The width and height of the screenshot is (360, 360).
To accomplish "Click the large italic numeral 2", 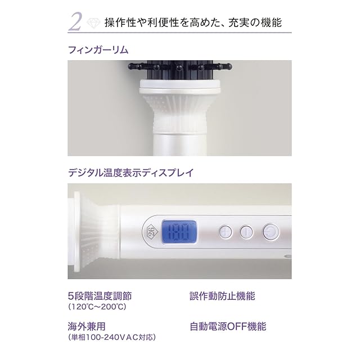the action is (75, 22).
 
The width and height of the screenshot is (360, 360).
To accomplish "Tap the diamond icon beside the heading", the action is (93, 23).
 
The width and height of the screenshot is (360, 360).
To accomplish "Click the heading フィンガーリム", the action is (98, 50).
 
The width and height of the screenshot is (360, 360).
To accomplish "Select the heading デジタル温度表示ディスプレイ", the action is (131, 173).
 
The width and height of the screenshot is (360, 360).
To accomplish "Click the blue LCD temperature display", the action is (179, 232).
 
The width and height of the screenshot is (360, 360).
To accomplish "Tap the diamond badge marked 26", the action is (150, 232).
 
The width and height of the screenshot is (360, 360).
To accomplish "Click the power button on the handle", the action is (271, 232).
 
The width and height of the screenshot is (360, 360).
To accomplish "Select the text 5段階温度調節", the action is (100, 296).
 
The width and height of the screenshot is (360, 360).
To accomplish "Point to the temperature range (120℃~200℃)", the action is (97, 307).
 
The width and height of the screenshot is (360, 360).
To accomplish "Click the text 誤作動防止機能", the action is (222, 296).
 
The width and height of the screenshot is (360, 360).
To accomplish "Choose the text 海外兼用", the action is (87, 326).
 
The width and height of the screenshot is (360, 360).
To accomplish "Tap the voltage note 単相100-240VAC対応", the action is (112, 337).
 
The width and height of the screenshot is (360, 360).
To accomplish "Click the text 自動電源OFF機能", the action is (228, 326).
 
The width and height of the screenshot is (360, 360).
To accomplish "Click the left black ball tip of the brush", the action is (132, 66).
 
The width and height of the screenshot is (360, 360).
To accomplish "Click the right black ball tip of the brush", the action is (229, 67).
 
